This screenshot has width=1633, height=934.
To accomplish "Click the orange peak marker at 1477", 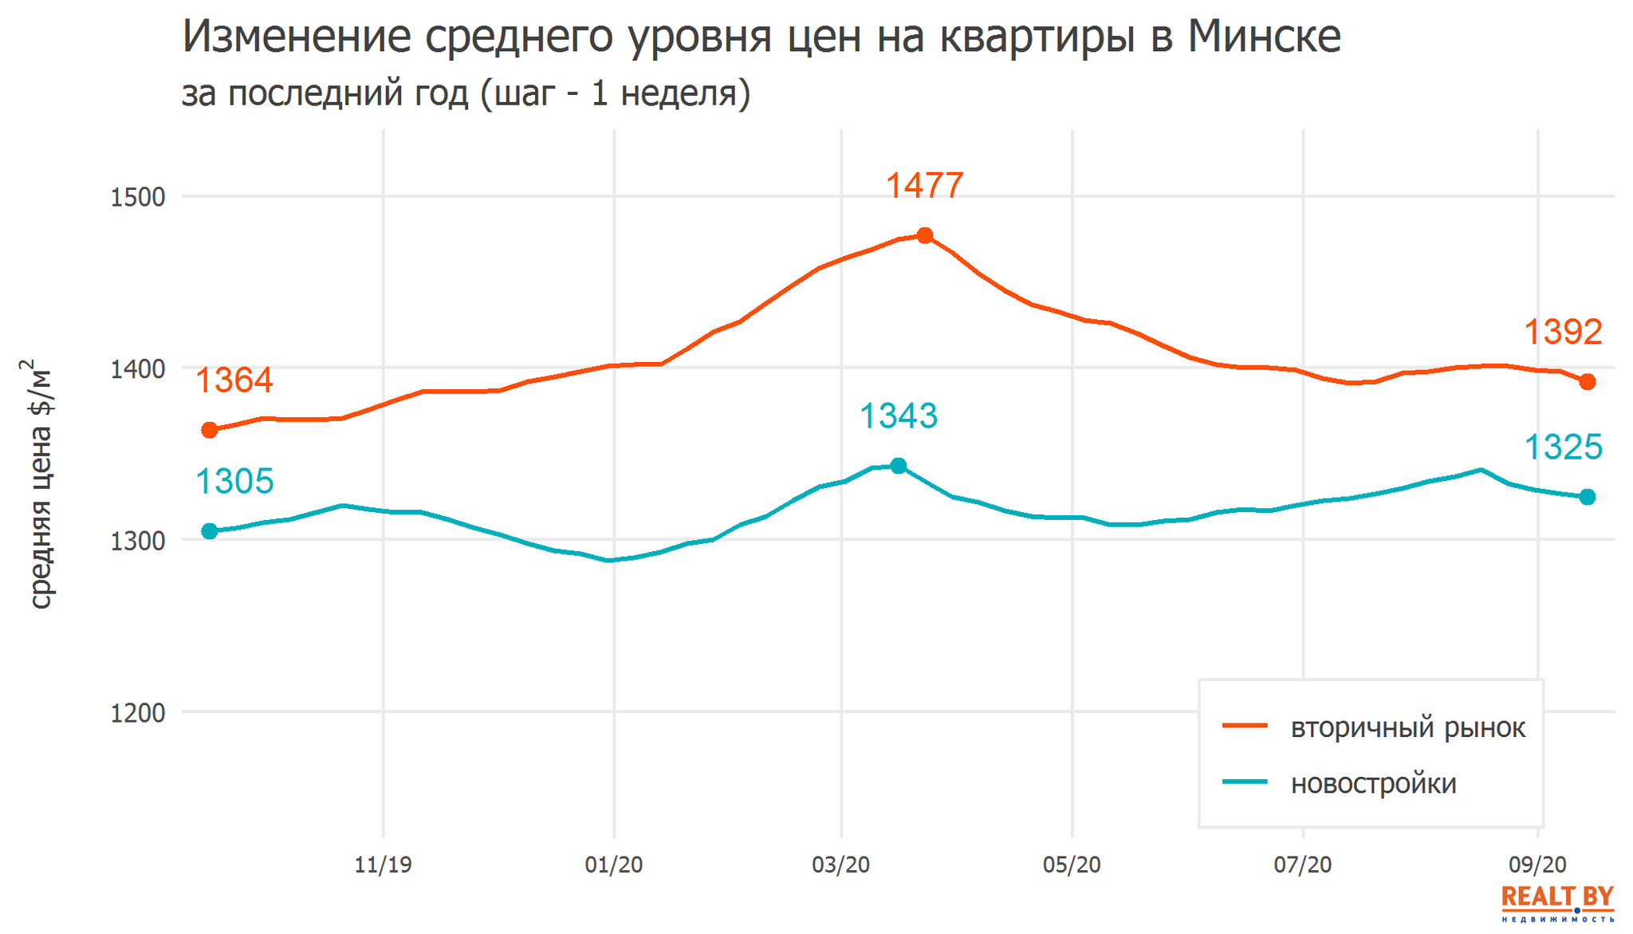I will tap(925, 235).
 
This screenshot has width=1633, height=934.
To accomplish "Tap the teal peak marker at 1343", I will tap(899, 466).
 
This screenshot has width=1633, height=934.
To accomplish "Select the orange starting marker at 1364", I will tap(210, 431).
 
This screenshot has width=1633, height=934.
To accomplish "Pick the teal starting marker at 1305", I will tap(210, 531).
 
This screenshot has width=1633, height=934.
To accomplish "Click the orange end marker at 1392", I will tap(1588, 382).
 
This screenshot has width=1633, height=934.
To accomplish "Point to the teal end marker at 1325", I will tap(1588, 497).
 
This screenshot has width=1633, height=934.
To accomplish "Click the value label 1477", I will tap(925, 186).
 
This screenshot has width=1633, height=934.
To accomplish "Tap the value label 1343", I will tap(899, 416).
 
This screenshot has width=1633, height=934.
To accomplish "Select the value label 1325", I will tap(1563, 447).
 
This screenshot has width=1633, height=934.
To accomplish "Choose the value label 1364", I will tap(234, 380).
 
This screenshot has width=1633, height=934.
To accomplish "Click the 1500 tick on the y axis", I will tap(137, 197).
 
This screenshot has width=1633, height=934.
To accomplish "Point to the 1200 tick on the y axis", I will tap(137, 713).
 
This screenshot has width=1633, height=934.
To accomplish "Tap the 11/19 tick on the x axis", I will tap(384, 865).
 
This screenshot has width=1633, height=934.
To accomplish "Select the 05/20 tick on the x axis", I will tap(1072, 865).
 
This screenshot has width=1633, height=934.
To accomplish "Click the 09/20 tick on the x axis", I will tap(1537, 865).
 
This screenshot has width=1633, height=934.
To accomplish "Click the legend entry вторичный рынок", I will tap(1407, 727).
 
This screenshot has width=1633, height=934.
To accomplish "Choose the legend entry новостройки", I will tap(1373, 783).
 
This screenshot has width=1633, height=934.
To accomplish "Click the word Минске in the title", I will tap(1264, 37).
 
